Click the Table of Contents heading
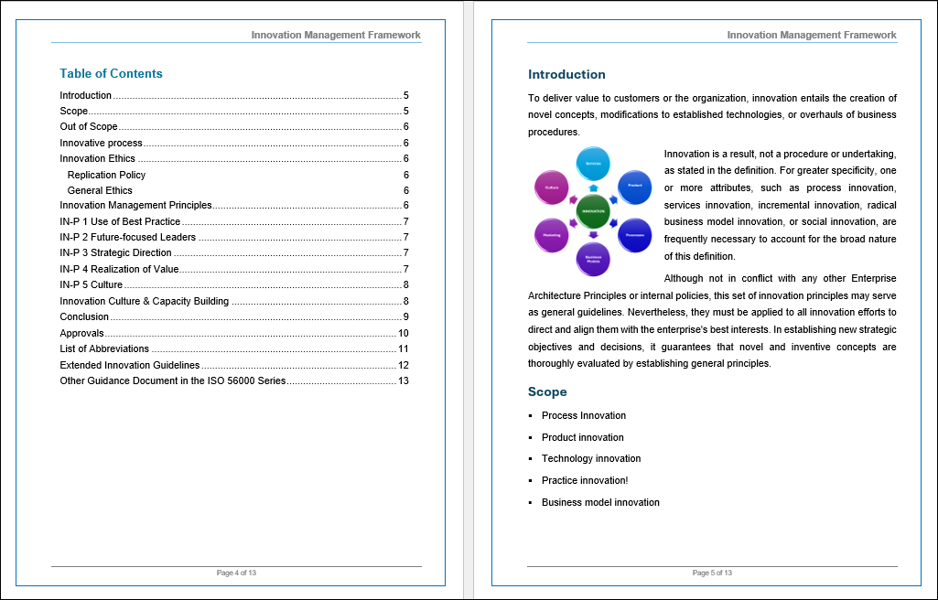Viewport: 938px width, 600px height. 111,73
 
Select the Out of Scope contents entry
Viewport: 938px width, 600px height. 89,127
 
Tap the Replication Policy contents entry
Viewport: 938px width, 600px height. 106,175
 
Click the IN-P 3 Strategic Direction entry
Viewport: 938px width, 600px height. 115,253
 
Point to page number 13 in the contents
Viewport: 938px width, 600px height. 403,380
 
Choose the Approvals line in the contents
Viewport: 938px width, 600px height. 82,333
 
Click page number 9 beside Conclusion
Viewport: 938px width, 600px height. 405,317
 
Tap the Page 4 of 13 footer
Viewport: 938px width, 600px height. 236,573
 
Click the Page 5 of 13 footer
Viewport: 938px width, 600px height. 712,573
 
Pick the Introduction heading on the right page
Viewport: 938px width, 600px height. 566,74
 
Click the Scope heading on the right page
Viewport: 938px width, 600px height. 547,391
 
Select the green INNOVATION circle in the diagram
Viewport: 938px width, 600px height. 593,211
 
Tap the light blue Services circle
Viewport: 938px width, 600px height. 593,163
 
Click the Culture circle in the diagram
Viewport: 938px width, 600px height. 551,187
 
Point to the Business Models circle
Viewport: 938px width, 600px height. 593,259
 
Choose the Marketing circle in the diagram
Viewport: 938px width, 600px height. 551,235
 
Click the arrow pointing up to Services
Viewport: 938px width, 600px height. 593,187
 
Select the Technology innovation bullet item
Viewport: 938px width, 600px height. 591,459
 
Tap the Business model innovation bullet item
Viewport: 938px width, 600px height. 600,502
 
